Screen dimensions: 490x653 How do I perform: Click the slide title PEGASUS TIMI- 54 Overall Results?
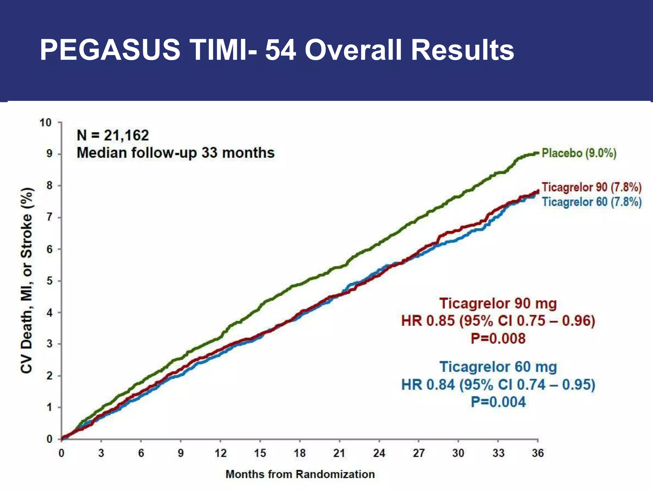[x=277, y=50]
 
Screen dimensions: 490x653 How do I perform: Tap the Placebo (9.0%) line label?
[x=579, y=153]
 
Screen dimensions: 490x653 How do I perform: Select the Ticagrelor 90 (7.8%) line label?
[x=591, y=187]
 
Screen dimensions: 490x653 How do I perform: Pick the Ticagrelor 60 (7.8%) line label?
[x=592, y=202]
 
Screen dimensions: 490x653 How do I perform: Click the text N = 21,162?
[x=113, y=135]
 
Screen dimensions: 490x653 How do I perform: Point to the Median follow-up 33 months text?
[x=176, y=153]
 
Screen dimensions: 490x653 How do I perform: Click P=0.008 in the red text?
[x=498, y=338]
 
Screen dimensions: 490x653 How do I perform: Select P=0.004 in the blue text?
[x=498, y=402]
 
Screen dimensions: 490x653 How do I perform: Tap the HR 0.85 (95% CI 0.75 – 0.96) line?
[x=498, y=321]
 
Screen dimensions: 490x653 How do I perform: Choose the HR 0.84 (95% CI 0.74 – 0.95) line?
[x=498, y=384]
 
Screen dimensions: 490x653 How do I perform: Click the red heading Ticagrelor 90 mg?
[x=498, y=303]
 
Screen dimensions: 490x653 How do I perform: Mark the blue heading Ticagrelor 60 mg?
[x=498, y=367]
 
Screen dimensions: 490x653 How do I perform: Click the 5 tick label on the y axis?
[x=49, y=281]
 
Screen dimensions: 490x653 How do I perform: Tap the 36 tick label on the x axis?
[x=538, y=453]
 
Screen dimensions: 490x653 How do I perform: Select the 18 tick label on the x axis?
[x=299, y=453]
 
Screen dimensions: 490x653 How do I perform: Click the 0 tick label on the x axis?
[x=61, y=453]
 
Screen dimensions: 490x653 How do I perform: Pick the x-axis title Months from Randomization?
[x=300, y=474]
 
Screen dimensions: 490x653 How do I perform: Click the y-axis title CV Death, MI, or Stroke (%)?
[x=27, y=280]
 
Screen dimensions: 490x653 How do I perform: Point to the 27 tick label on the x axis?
[x=418, y=453]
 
